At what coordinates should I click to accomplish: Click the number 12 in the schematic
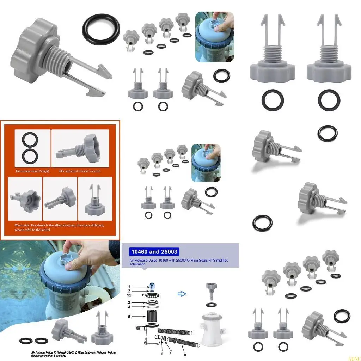[x=129, y=295]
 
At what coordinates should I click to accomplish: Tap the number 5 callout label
[x=129, y=317]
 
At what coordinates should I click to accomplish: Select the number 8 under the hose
[x=185, y=355]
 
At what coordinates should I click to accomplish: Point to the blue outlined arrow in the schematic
[x=182, y=294]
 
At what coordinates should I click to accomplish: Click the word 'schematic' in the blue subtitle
[x=137, y=264]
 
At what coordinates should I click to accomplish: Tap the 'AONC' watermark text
[x=354, y=359]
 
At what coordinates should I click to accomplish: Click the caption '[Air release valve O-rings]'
[x=32, y=171]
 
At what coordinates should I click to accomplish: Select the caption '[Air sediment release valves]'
[x=80, y=171]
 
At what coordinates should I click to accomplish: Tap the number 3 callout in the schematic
[x=129, y=302]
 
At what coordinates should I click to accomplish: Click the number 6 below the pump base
[x=162, y=354]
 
